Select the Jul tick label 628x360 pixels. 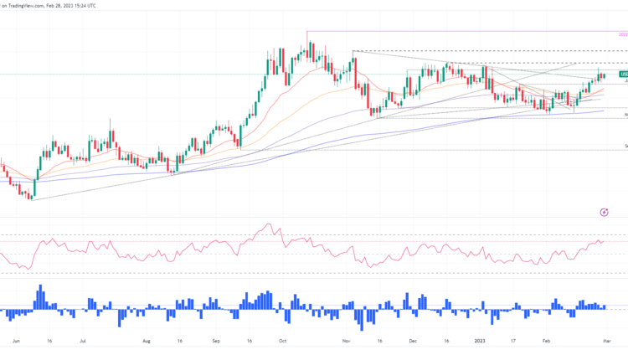point(83,342)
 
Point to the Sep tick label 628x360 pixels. point(215,342)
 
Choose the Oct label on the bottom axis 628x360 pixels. point(282,342)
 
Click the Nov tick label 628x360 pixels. point(347,342)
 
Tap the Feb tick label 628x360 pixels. point(546,342)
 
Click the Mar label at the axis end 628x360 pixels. point(610,342)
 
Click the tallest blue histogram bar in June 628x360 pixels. point(39,296)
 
